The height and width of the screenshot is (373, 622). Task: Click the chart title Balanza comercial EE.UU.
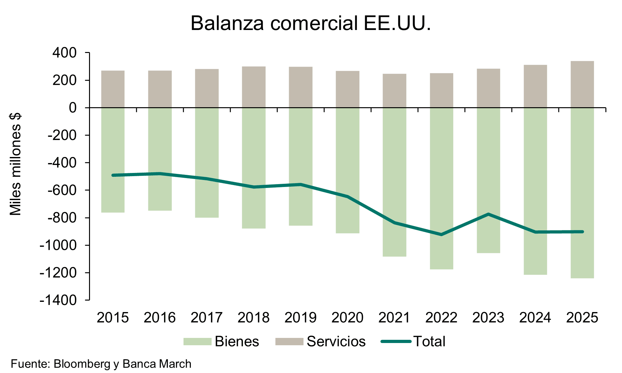click(x=311, y=23)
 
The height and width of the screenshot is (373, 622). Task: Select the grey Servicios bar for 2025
click(x=582, y=84)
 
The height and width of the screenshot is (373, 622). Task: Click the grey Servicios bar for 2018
click(x=254, y=87)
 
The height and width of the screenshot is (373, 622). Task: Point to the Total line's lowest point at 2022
click(x=441, y=235)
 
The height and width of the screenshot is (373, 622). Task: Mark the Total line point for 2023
click(x=488, y=214)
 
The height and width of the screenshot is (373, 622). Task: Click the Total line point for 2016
click(x=160, y=174)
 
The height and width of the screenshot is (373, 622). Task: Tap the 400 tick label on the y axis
click(x=65, y=53)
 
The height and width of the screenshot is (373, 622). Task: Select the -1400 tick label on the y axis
click(x=58, y=300)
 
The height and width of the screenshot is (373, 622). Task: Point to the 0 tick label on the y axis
click(x=73, y=108)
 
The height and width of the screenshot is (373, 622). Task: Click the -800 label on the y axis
click(x=62, y=218)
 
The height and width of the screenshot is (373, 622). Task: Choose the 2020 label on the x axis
click(x=347, y=318)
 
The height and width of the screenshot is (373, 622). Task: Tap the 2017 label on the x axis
click(x=206, y=318)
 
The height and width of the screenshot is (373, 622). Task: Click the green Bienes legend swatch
click(x=197, y=342)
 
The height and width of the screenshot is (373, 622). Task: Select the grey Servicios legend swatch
click(x=289, y=342)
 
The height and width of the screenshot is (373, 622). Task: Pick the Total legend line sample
click(x=396, y=342)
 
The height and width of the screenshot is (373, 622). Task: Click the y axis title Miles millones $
click(x=15, y=164)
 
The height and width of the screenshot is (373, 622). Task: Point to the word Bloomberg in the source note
click(x=82, y=364)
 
